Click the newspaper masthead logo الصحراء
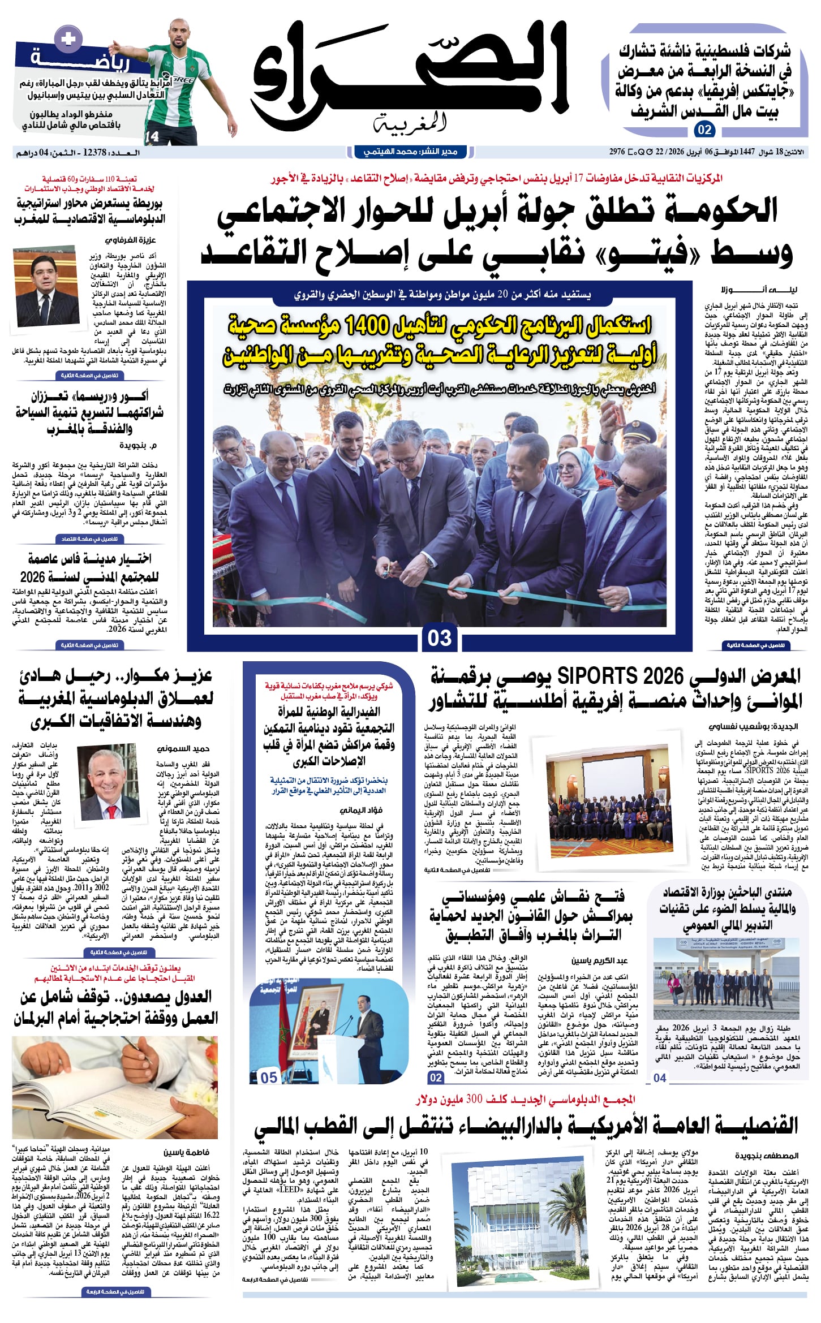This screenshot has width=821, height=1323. pyautogui.click(x=410, y=74)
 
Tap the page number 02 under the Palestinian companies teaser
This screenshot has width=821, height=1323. pyautogui.click(x=704, y=130)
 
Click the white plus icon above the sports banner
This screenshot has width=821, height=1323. pyautogui.click(x=68, y=38)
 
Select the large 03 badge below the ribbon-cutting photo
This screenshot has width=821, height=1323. pyautogui.click(x=439, y=637)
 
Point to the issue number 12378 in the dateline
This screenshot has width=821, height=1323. pyautogui.click(x=95, y=153)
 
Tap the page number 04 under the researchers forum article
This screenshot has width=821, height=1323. pyautogui.click(x=660, y=1078)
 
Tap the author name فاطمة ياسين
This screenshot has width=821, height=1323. pyautogui.click(x=186, y=1152)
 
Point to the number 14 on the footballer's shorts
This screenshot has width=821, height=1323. pyautogui.click(x=152, y=136)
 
